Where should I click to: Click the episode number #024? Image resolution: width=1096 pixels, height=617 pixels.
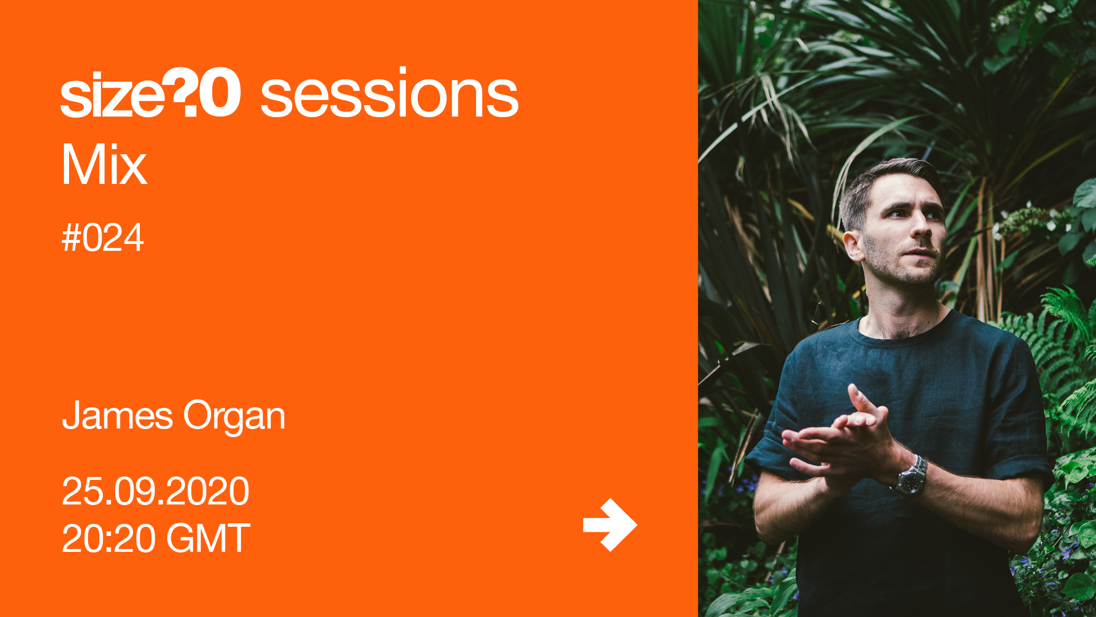103,238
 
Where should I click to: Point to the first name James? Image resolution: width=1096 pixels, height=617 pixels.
118,415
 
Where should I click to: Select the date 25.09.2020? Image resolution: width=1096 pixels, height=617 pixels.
155,491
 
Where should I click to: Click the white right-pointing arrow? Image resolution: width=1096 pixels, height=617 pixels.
610,525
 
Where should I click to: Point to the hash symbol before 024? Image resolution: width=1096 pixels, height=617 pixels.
71,238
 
